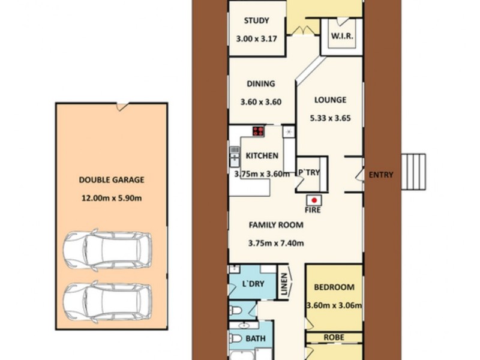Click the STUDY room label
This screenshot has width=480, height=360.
pyautogui.click(x=256, y=22)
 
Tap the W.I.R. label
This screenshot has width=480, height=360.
pyautogui.click(x=342, y=36)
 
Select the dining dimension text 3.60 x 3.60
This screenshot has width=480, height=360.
pyautogui.click(x=261, y=102)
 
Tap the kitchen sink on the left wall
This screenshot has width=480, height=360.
pyautogui.click(x=234, y=158)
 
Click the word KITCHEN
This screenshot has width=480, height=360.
pyautogui.click(x=262, y=156)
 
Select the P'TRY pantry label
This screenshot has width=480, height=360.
pyautogui.click(x=310, y=173)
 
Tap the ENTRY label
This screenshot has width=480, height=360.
pyautogui.click(x=381, y=175)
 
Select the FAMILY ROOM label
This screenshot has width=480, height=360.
pyautogui.click(x=276, y=226)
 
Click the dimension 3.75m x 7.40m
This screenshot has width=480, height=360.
pyautogui.click(x=276, y=244)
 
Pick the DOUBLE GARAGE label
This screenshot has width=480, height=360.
pyautogui.click(x=112, y=179)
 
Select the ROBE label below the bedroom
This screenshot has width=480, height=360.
pyautogui.click(x=334, y=338)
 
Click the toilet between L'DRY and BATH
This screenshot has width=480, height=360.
pyautogui.click(x=238, y=310)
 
